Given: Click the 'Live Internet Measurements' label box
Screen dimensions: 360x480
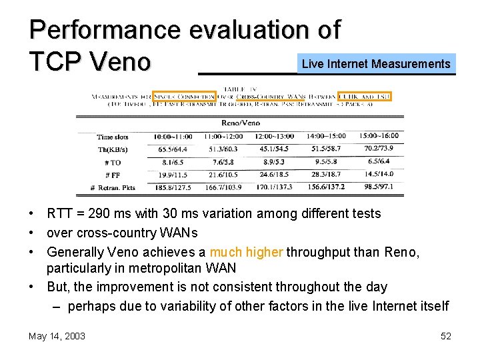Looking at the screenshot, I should click(x=377, y=64).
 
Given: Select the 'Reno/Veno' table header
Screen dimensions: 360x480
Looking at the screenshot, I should click(x=240, y=123).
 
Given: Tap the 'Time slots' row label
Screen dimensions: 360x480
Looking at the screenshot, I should click(x=117, y=137).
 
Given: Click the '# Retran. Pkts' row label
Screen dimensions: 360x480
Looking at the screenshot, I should click(x=113, y=187).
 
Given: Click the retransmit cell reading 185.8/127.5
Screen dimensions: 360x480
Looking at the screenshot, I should click(x=171, y=187).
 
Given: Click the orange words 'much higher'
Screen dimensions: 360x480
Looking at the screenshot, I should click(x=246, y=252).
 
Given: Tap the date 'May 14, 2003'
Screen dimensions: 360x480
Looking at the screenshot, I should click(x=57, y=336).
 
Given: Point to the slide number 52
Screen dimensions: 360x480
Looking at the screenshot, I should click(x=445, y=336).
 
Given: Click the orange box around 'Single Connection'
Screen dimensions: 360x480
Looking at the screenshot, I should click(x=183, y=97).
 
